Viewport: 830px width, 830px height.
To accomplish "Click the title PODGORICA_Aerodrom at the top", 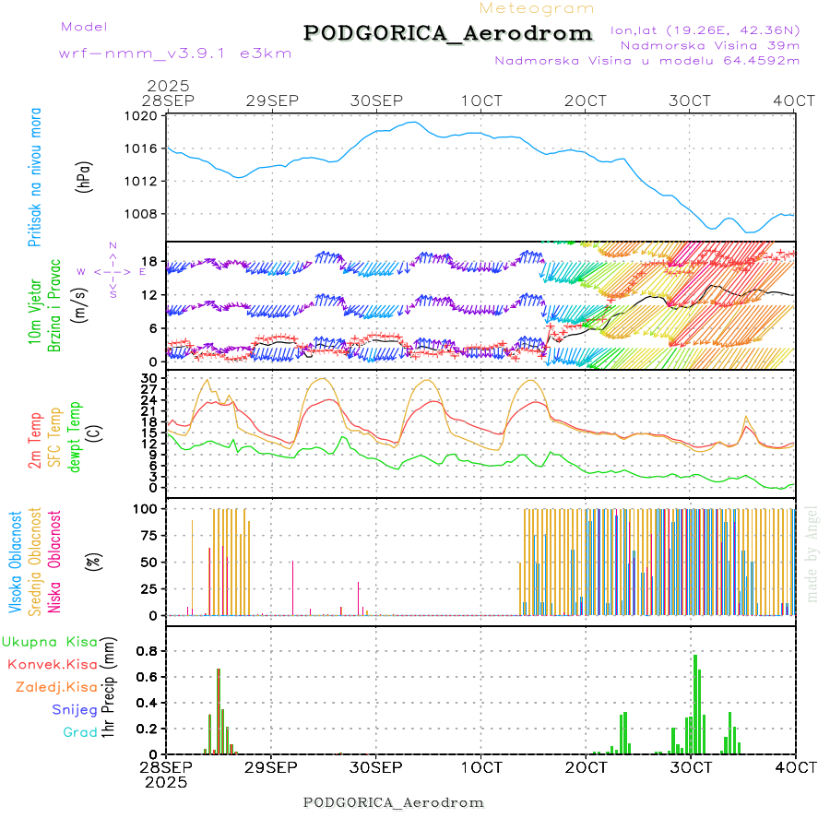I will point(448,33).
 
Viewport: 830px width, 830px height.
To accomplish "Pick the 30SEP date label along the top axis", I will point(376,100).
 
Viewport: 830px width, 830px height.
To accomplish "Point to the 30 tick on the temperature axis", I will point(148,378).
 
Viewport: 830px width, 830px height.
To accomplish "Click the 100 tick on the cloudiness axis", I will point(145,508).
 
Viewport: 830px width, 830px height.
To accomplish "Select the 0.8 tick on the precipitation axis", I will point(145,650).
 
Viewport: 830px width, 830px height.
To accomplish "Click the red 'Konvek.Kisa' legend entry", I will point(51,664).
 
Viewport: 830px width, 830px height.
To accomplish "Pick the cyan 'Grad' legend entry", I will point(79,732).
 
